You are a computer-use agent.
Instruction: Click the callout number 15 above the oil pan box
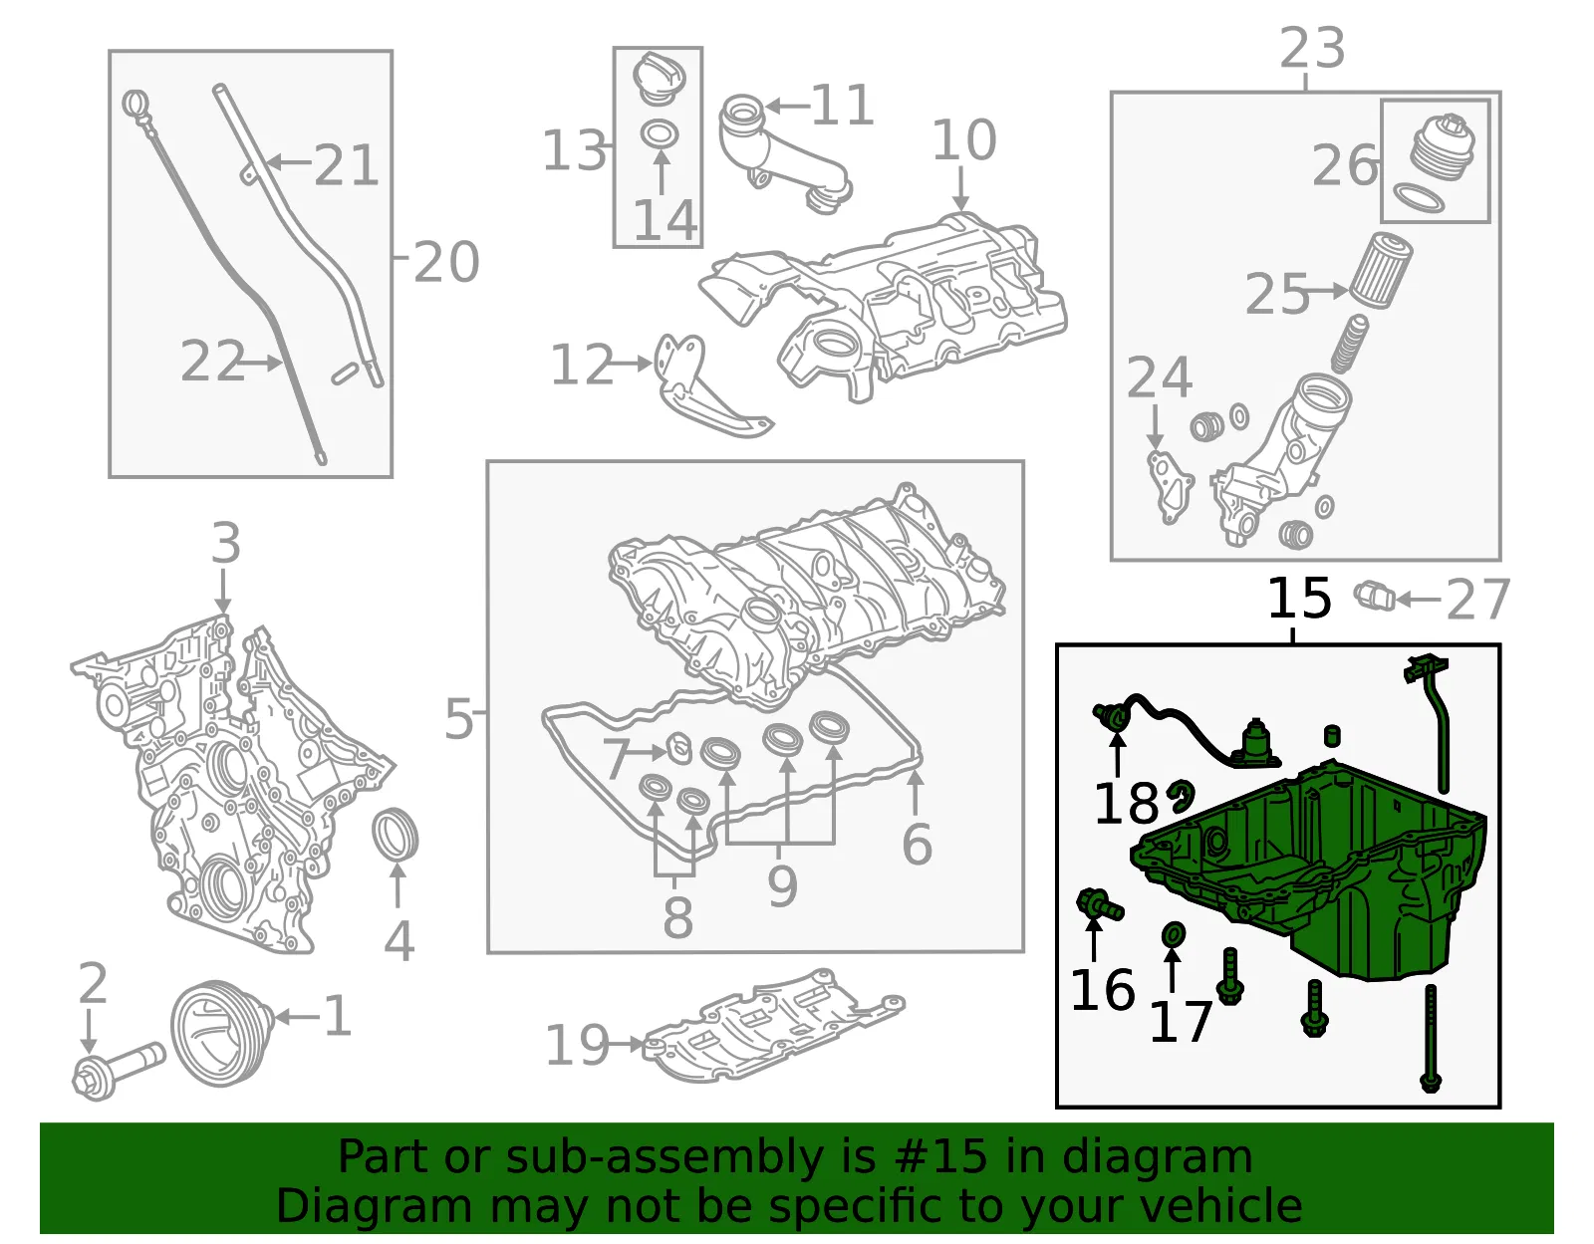(x=1298, y=599)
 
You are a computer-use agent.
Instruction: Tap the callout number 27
(x=1477, y=600)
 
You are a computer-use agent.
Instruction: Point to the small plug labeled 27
(x=1374, y=596)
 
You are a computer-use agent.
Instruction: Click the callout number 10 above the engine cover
(x=963, y=138)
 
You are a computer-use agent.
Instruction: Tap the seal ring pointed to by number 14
(x=659, y=134)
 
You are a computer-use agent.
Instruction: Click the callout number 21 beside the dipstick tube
(x=346, y=165)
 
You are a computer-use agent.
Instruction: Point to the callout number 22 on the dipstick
(x=212, y=361)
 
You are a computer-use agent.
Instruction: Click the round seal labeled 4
(x=395, y=834)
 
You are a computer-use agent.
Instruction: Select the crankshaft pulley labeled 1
(x=221, y=1033)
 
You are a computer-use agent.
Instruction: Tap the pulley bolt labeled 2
(x=118, y=1072)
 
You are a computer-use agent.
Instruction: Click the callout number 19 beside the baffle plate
(x=577, y=1045)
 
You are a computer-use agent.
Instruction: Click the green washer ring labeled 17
(x=1173, y=934)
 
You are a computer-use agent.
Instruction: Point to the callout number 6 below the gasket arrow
(x=917, y=844)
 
